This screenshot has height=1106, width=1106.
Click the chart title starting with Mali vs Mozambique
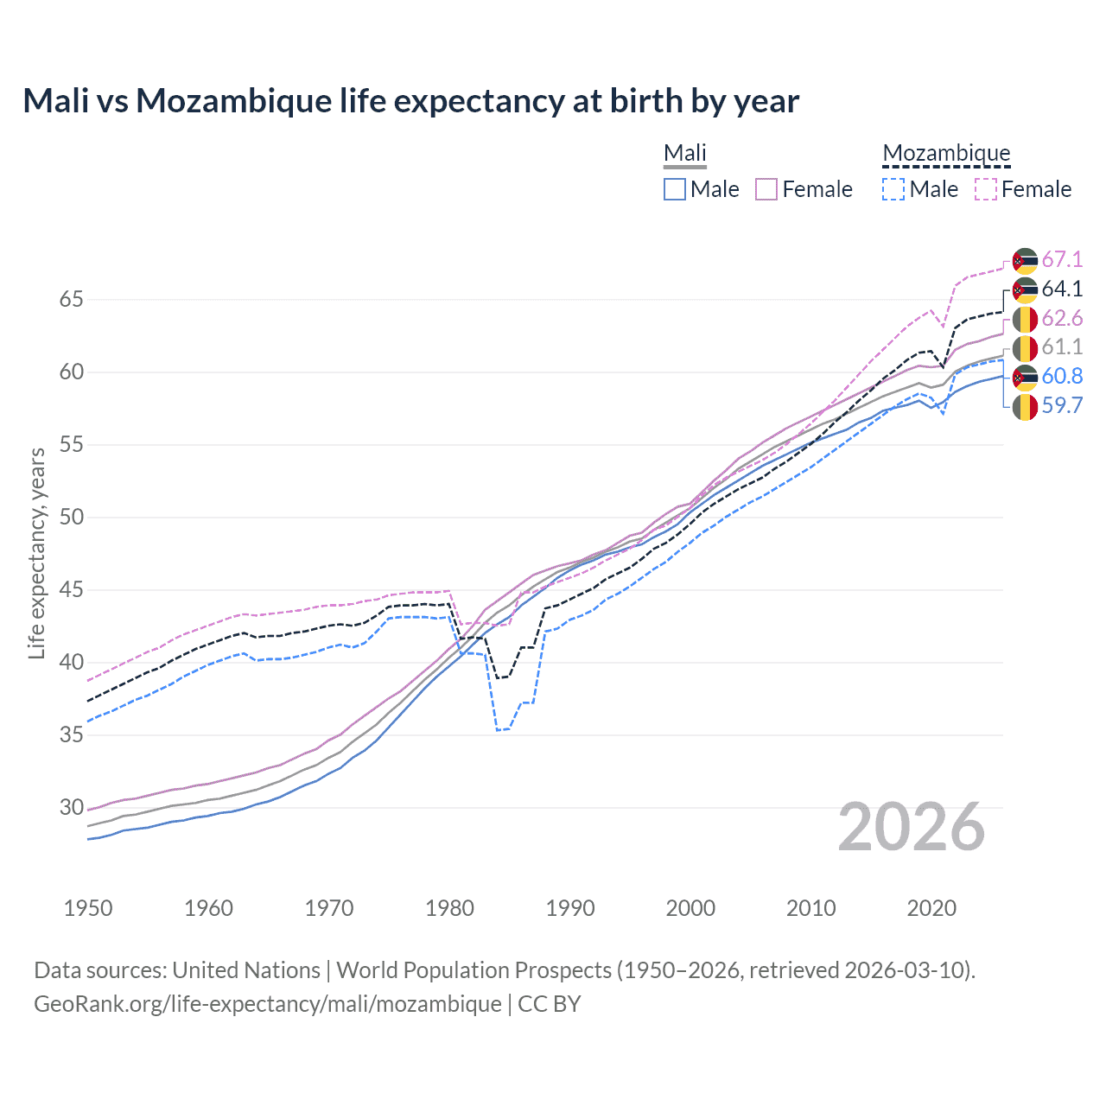tap(410, 101)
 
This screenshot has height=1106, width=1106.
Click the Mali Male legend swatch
tap(675, 189)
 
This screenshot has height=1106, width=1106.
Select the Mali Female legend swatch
tap(766, 189)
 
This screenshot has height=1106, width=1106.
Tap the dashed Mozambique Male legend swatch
tap(893, 189)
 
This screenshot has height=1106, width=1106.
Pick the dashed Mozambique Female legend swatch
tap(986, 189)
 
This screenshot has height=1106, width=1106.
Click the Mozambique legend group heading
tap(946, 154)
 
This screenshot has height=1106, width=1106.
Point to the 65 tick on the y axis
tap(71, 300)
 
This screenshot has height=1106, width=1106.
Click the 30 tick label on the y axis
tap(71, 808)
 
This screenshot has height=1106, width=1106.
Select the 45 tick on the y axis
tap(71, 590)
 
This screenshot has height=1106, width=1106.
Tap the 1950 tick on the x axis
tap(88, 908)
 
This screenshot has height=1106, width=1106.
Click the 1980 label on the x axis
tap(449, 908)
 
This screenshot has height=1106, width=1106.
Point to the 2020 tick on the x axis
tap(931, 908)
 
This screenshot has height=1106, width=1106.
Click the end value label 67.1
tap(1062, 260)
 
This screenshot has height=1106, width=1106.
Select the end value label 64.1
tap(1062, 289)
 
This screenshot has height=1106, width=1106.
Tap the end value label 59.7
tap(1062, 406)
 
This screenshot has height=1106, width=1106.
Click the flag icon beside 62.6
tap(1025, 319)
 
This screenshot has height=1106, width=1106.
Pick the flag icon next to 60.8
tap(1025, 377)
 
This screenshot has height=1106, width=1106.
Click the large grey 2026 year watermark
tap(912, 827)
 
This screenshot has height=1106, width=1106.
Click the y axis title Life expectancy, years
tap(36, 553)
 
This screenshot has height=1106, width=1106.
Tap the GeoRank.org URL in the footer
tap(268, 1004)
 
